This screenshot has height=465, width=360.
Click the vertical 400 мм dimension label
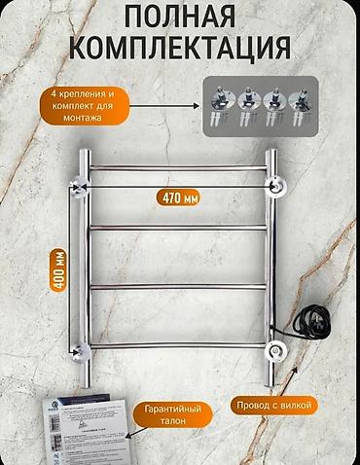click(x=60, y=268)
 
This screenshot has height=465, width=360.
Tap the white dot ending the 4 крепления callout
click(x=208, y=104)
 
